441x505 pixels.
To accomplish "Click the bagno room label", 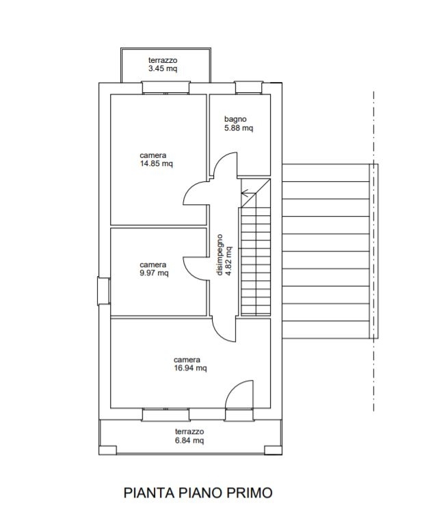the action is tap(235, 119).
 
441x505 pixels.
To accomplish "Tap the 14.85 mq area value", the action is tap(157, 163).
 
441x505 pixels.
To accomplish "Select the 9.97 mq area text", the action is tap(154, 273).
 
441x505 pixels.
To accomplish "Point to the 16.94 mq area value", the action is tap(190, 368).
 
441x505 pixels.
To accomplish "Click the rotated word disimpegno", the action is tap(219, 255).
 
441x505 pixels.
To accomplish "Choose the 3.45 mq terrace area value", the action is tap(163, 68).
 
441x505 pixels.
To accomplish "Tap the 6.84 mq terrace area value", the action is tap(189, 440).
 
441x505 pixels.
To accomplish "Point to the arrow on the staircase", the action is tap(248, 193).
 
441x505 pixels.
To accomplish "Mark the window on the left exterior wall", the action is tap(104, 291).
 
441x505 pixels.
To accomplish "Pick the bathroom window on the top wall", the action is tap(248, 87).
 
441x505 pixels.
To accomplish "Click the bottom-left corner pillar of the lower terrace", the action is tap(107, 450).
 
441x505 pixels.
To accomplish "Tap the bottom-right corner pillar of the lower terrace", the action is tap(273, 450).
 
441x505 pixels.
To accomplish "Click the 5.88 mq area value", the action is tap(239, 128).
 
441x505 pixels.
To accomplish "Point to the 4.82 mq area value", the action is tap(228, 261).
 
